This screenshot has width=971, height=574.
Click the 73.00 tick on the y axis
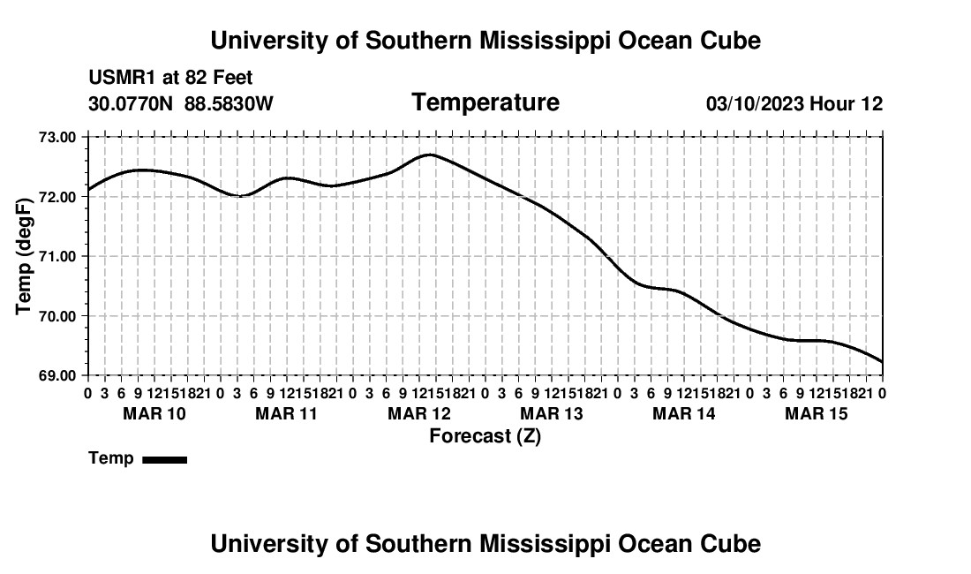pos(57,137)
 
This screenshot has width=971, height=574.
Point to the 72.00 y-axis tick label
pos(57,197)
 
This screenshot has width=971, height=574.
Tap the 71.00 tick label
pos(57,256)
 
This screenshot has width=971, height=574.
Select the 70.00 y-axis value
pos(57,316)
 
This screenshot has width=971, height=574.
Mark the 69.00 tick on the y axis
pos(57,376)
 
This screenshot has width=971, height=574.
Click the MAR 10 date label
pos(154,413)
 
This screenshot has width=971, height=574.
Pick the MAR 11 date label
pos(286,413)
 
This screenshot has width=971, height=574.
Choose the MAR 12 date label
pos(419,413)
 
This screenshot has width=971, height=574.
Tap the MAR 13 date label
pos(552,413)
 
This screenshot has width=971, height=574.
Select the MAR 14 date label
pos(683,413)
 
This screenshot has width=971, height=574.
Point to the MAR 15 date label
pos(817,413)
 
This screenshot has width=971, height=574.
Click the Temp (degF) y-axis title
pos(24,256)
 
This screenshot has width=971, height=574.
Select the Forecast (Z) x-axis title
pos(485,436)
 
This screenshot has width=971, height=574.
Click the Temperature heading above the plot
pos(485,102)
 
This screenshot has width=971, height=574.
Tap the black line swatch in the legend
pos(165,459)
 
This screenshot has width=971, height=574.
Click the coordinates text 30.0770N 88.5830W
pos(181,103)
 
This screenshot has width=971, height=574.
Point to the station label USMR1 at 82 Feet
pos(171,78)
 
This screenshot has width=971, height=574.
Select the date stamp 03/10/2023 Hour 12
pos(794,103)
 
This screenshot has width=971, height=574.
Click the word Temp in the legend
pos(111,458)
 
